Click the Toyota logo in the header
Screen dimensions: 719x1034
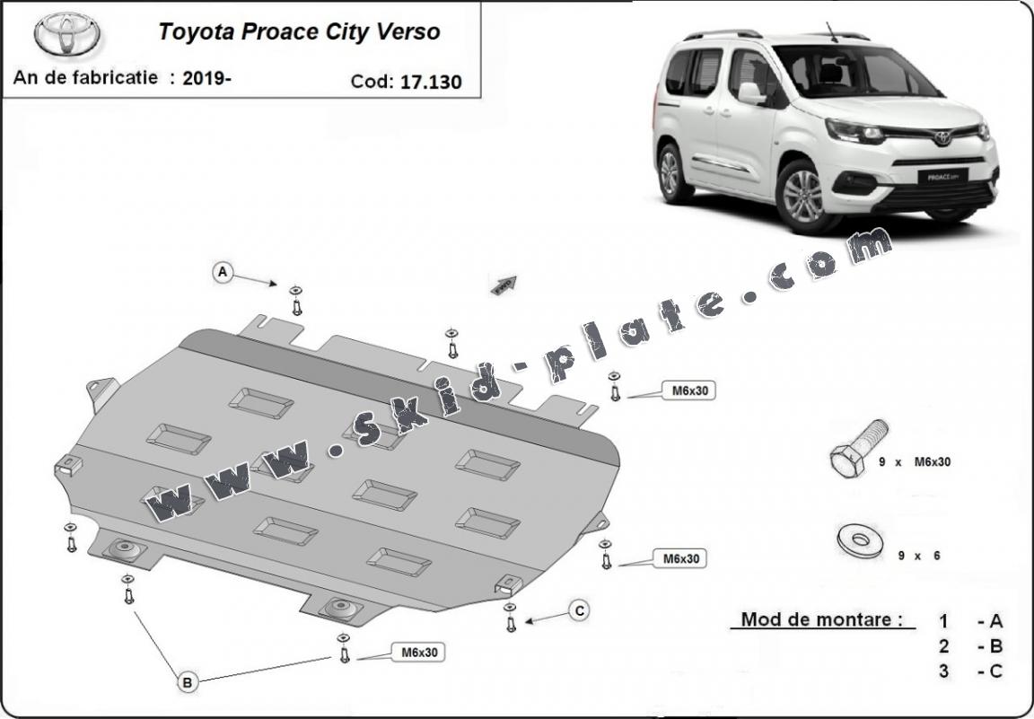click(x=68, y=34)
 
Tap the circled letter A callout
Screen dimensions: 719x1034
click(x=223, y=271)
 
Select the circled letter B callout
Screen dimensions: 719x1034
click(x=188, y=683)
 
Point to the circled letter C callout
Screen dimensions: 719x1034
click(x=580, y=611)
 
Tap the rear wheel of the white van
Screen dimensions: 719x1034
click(x=670, y=174)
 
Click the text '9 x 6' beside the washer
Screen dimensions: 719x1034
click(x=919, y=556)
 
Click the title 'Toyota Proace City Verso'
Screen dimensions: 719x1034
click(x=299, y=32)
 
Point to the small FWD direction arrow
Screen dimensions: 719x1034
click(x=504, y=284)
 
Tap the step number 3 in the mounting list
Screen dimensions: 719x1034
click(x=943, y=671)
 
